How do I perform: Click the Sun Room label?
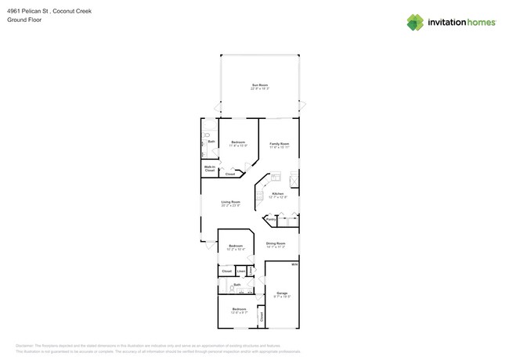point(260,85)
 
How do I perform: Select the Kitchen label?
point(277,193)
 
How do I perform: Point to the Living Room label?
point(230,202)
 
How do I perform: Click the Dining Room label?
point(276,243)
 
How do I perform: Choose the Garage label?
point(282,293)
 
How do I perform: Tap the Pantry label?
point(269,221)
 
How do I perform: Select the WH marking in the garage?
point(294,265)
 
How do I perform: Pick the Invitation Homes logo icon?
point(415,23)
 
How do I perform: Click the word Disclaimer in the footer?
point(27,345)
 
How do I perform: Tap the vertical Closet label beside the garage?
point(262,316)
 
